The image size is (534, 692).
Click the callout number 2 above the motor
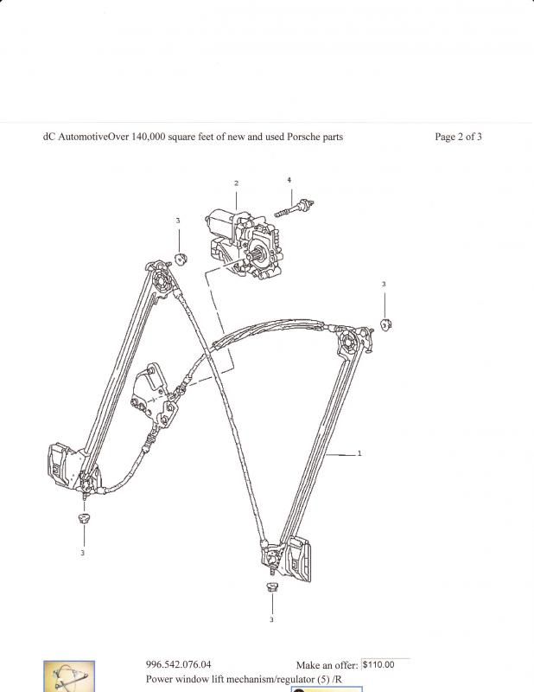pos(235,183)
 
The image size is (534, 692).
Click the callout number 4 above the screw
pos(289,180)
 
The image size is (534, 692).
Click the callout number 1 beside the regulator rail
pos(359,453)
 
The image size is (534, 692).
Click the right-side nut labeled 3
pos(385,324)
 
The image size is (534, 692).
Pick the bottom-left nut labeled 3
pos(82,518)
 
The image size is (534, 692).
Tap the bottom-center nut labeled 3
pos(271,587)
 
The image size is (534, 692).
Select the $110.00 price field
pos(385,664)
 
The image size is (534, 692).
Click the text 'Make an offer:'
pos(327,665)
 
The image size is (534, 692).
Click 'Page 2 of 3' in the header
pos(458,137)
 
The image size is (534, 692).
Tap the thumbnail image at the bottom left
pos(68,677)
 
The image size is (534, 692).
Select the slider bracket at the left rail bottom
pos(66,466)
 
